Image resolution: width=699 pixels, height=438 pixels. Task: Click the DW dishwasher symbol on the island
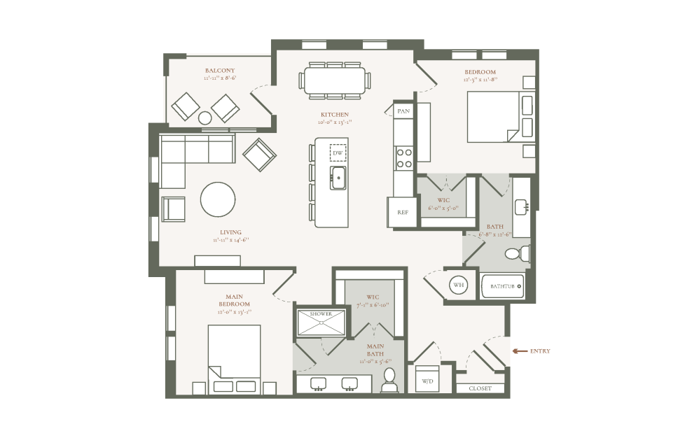tap(338, 153)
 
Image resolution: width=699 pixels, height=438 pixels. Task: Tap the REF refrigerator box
tap(402, 213)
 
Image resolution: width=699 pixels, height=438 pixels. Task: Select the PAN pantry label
tap(403, 111)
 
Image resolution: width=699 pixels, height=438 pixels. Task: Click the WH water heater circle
tap(458, 285)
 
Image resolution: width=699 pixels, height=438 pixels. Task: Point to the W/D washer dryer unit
tap(427, 381)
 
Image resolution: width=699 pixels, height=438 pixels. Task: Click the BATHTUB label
tap(502, 286)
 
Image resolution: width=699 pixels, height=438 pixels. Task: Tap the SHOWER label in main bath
tap(321, 314)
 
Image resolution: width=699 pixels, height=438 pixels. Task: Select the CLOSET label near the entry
tap(480, 388)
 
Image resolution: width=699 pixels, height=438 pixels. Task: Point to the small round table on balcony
tap(205, 117)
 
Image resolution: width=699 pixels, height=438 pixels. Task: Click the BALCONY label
tap(219, 71)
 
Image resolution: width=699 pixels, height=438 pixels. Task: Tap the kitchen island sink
tap(338, 178)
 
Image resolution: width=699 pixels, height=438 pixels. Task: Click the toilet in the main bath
tap(389, 381)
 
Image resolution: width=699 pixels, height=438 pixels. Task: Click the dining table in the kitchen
tap(334, 79)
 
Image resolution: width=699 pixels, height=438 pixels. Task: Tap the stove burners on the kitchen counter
tap(404, 157)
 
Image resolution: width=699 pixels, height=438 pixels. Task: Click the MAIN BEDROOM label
tap(233, 300)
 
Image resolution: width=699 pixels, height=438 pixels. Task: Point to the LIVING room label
tap(230, 232)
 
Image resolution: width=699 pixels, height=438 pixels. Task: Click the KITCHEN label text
tap(334, 115)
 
